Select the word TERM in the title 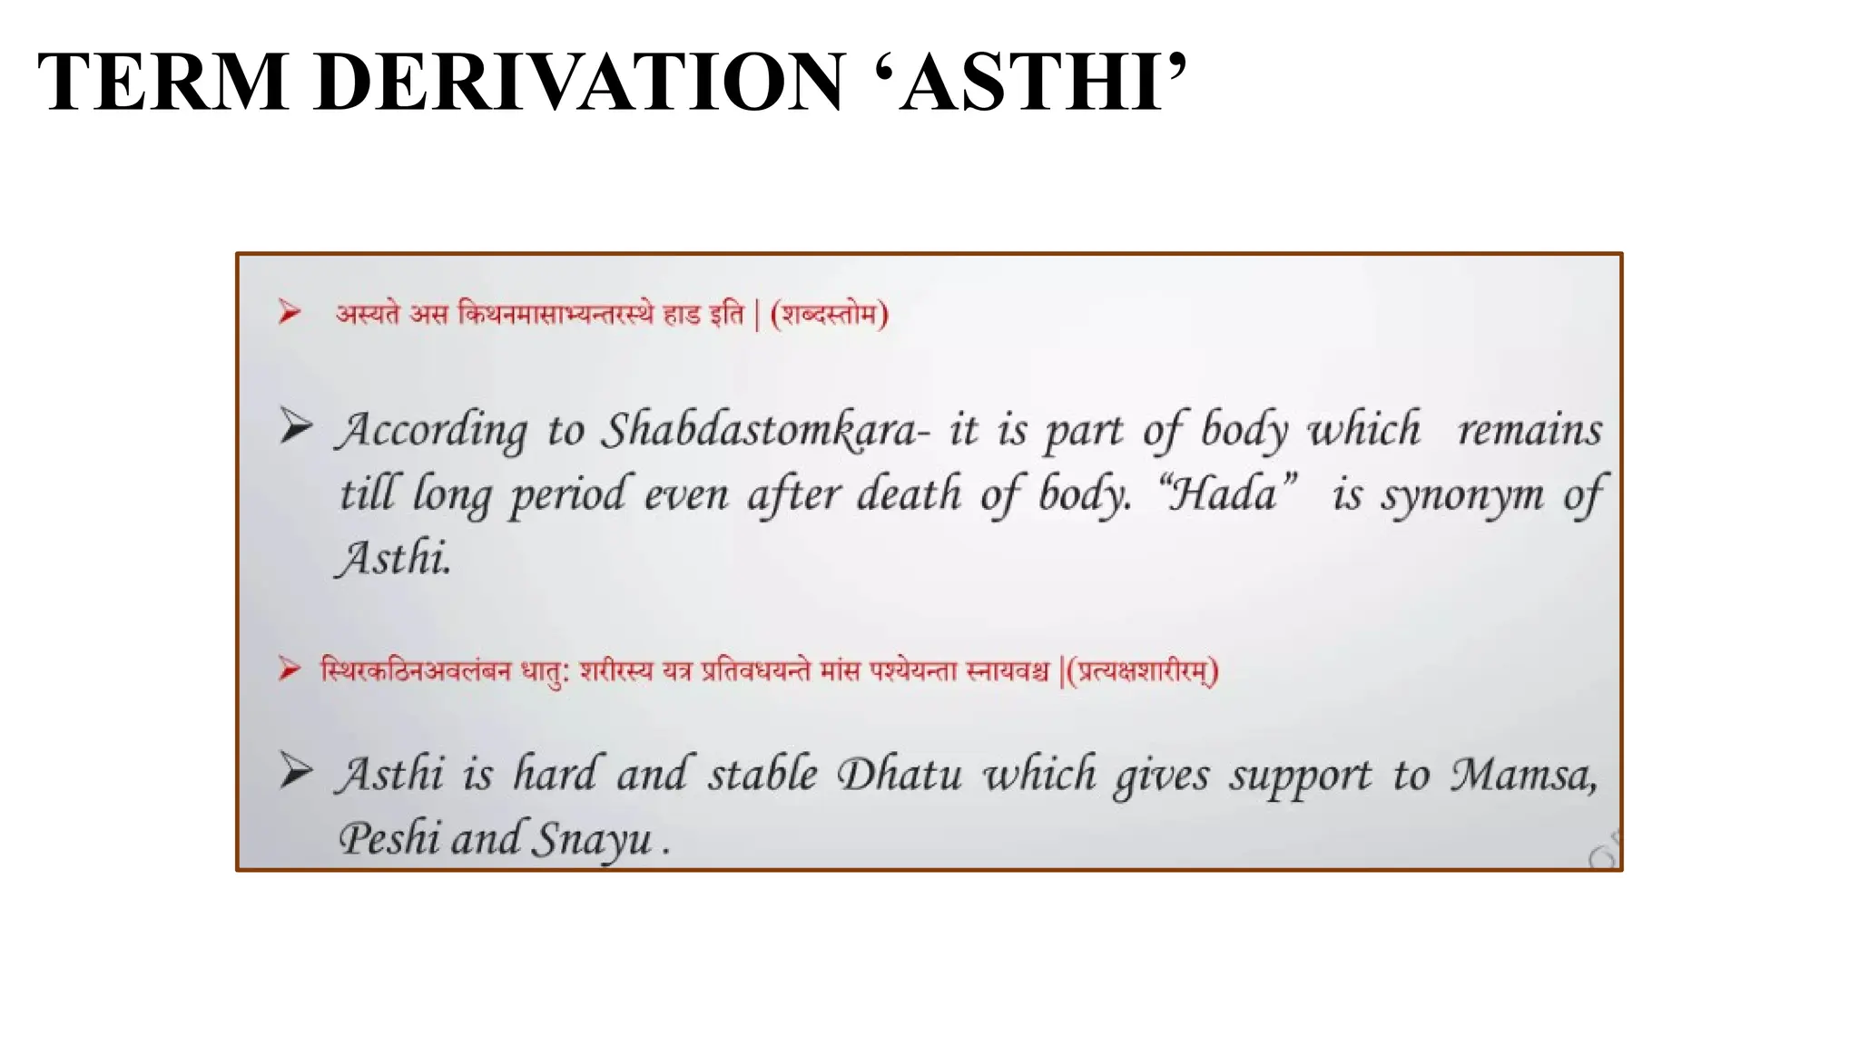pos(163,83)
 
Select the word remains pos(1530,430)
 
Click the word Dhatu pos(899,776)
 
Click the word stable pos(762,776)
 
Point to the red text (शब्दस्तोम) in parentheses pos(829,315)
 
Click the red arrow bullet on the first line pos(290,312)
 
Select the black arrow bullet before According pos(295,425)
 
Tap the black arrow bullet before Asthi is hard pos(295,772)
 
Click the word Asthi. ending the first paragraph pos(393,558)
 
